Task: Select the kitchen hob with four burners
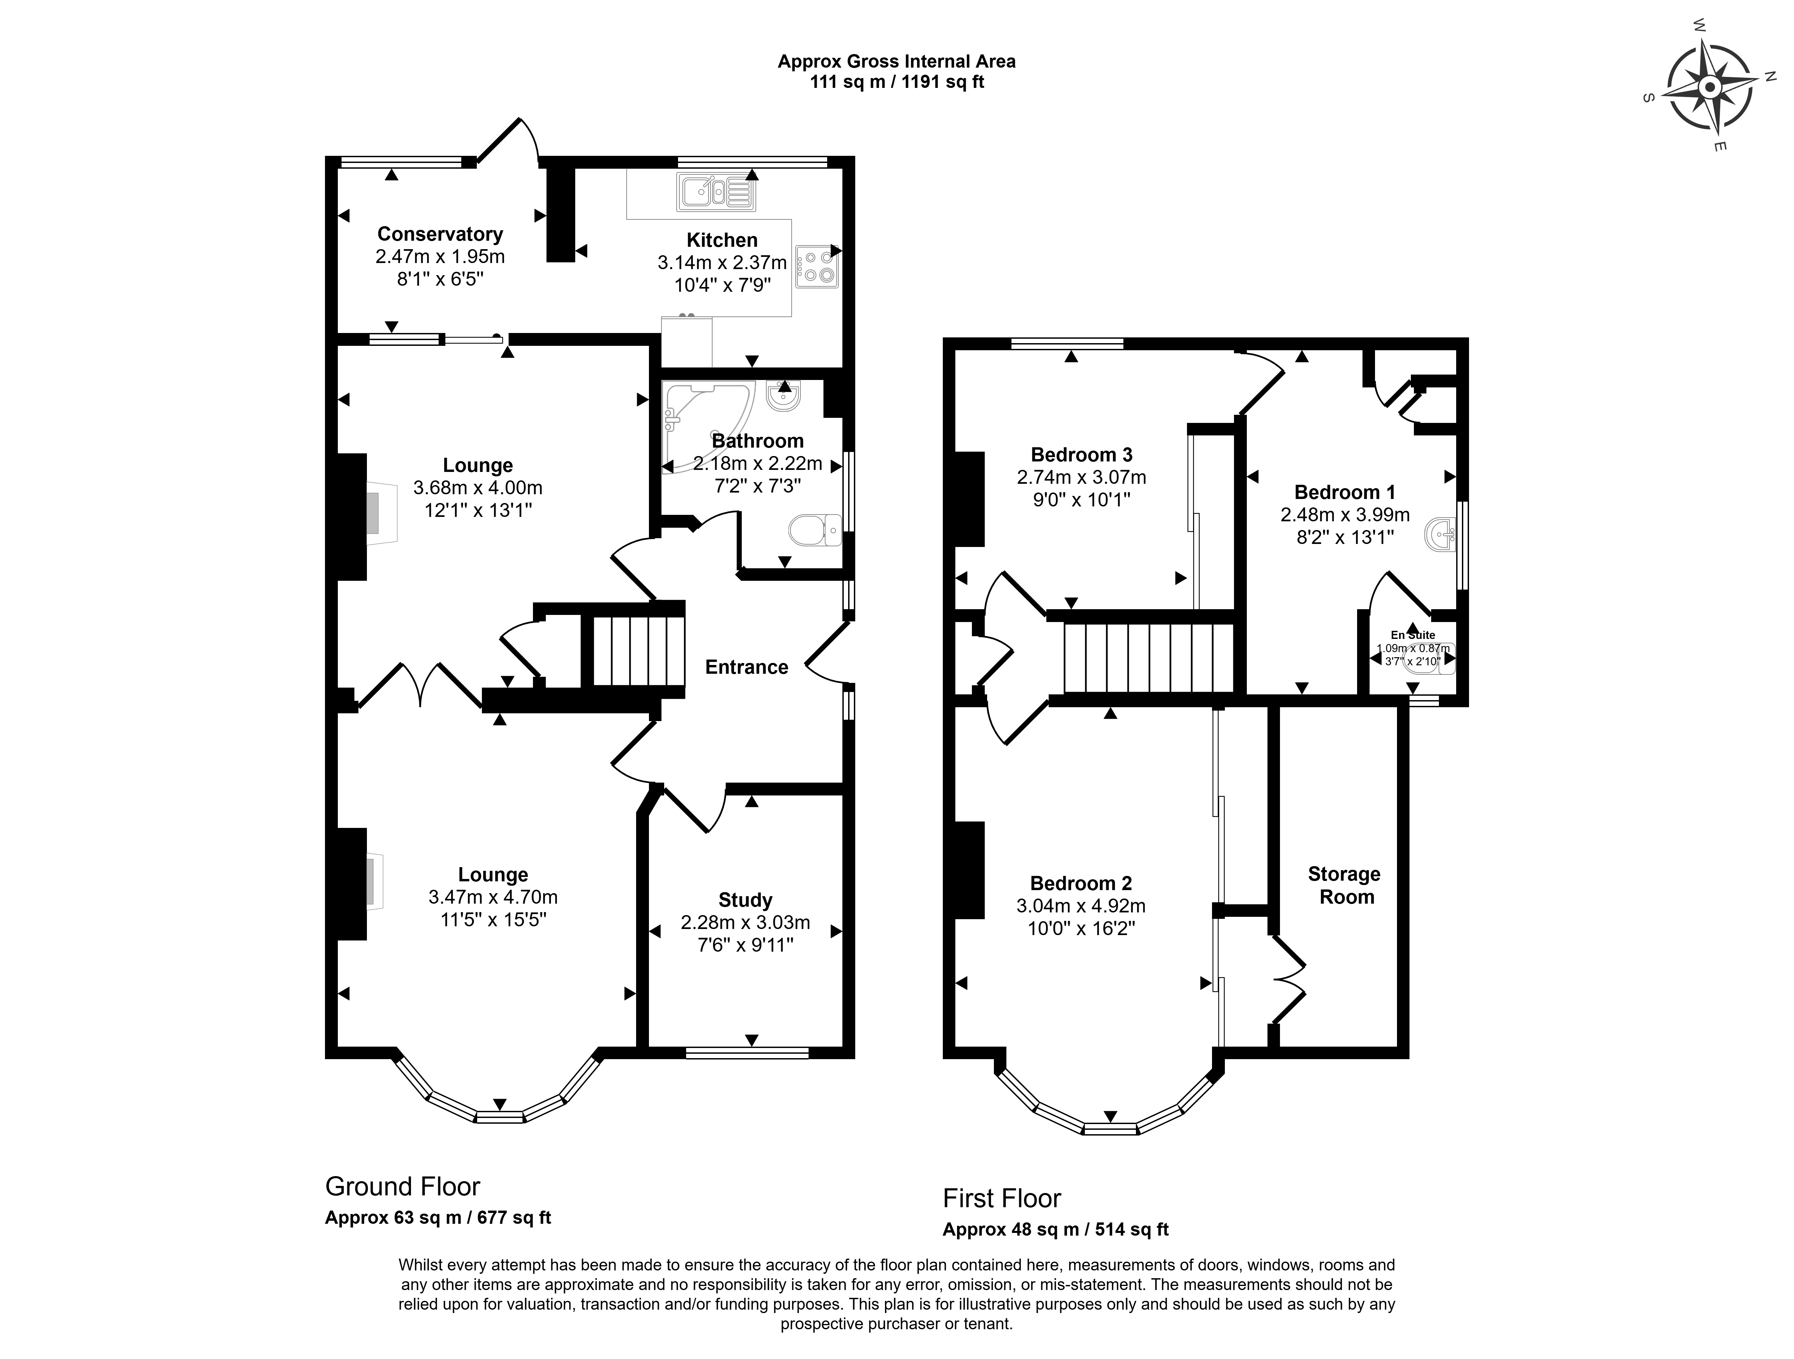(817, 267)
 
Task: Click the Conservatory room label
(440, 234)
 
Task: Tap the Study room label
(745, 900)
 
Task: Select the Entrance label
(747, 667)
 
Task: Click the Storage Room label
(1345, 885)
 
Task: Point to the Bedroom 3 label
(1082, 455)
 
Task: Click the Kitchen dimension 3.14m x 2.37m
(722, 263)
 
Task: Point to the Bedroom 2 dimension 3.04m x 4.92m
(1081, 906)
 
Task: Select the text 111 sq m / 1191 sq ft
(897, 82)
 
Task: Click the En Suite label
(1413, 635)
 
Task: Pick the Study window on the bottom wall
(747, 1052)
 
